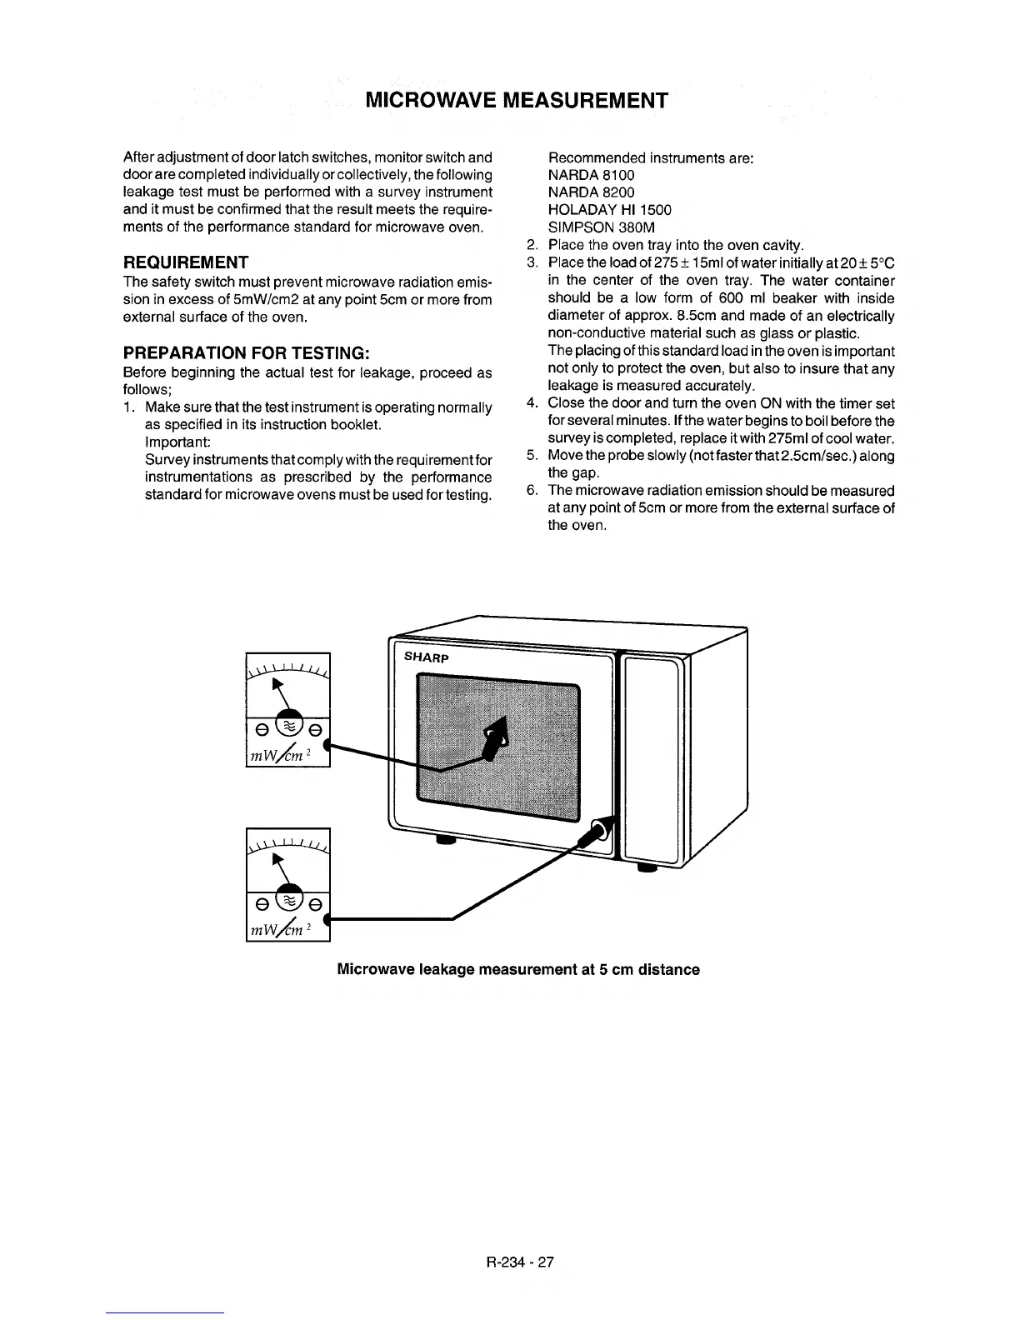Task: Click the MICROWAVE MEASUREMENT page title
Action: (x=517, y=101)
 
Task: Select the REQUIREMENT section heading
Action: (x=185, y=262)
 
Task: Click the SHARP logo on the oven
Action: (x=427, y=657)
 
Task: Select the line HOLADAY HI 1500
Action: (x=609, y=210)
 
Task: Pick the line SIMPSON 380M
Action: (x=601, y=227)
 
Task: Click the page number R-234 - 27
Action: (x=510, y=1262)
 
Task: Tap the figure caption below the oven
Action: (x=517, y=970)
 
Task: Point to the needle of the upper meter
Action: (x=283, y=691)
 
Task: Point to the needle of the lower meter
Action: (x=283, y=866)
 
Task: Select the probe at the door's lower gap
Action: (x=597, y=834)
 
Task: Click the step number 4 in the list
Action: (x=532, y=404)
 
